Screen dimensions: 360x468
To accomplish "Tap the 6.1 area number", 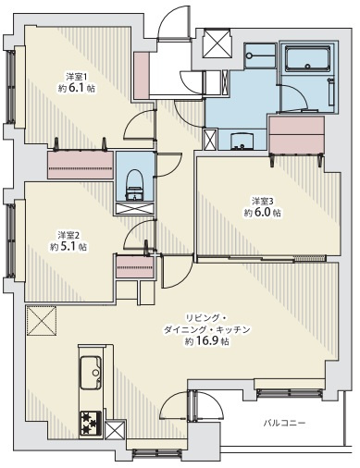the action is point(77,88).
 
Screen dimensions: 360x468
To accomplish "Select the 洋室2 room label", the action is point(68,235).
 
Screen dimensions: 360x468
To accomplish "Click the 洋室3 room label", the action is point(263,202).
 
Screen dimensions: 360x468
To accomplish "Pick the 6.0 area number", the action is point(262,213).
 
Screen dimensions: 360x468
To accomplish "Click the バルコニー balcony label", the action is point(284,423).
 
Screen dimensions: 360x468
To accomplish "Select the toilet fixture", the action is point(134,186).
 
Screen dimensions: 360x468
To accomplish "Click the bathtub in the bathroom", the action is point(307,59).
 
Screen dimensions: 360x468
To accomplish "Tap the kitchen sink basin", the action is point(91,373).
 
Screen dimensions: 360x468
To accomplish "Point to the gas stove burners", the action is point(91,423).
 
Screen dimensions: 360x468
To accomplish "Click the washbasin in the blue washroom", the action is point(242,142).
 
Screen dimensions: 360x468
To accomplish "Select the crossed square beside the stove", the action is point(115,430).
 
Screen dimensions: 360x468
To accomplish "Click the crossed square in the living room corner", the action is point(42,320).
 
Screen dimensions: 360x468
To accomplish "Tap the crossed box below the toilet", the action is point(134,208).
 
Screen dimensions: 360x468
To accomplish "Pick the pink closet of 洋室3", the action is point(296,134).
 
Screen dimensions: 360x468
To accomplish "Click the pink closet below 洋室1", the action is point(81,165).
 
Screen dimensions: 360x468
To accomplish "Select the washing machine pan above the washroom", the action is point(260,55).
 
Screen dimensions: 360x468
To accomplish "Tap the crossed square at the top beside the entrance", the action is point(217,43).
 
